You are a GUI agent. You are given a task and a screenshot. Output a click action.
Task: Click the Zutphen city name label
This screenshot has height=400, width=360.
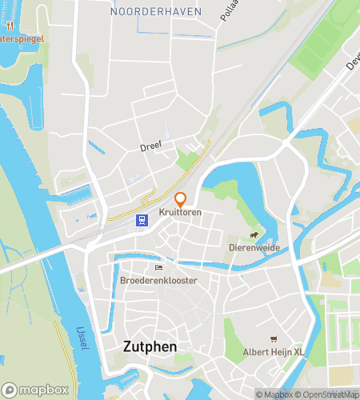point(150,346)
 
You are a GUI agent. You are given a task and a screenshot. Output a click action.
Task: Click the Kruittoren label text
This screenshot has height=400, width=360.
point(180,212)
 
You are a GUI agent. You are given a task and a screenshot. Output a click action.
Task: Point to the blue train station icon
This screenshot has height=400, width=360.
point(142,221)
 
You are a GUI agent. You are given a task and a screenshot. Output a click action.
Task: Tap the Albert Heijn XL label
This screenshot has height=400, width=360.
point(274,352)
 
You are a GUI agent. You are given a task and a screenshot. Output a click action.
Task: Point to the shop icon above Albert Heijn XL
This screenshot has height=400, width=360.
point(274,339)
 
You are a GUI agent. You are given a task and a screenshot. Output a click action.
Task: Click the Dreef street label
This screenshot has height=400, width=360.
point(150,146)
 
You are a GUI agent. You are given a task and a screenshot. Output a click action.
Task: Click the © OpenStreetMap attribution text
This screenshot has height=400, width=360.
point(325,394)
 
